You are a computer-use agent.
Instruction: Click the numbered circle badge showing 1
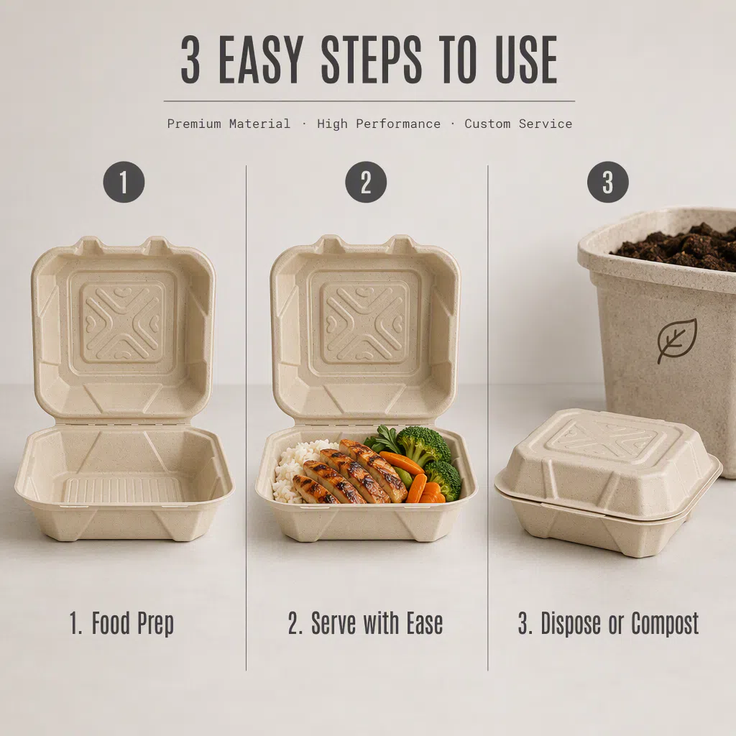[124, 182]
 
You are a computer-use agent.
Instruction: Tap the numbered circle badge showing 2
[366, 182]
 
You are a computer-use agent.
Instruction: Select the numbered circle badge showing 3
[608, 182]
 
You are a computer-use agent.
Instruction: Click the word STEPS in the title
[372, 60]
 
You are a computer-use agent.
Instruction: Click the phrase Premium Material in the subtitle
[229, 124]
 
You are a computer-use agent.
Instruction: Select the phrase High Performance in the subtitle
[379, 124]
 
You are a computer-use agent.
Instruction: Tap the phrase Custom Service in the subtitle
[518, 124]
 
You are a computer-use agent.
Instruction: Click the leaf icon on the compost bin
[677, 340]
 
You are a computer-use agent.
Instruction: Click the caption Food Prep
[121, 623]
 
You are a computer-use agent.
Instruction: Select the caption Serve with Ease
[365, 623]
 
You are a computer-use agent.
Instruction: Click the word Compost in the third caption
[665, 623]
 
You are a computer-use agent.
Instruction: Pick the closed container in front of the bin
[608, 482]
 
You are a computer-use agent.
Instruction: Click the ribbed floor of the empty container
[122, 490]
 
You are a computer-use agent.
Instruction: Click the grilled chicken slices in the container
[351, 471]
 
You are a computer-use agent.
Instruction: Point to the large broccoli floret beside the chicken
[423, 443]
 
